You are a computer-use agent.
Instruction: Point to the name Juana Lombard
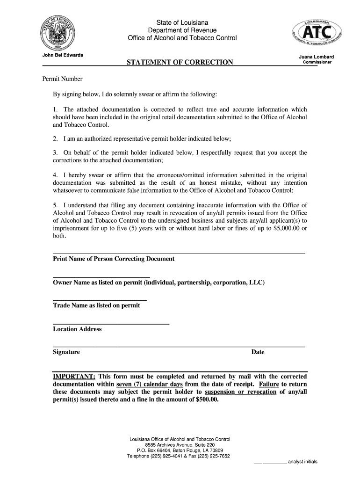(317, 57)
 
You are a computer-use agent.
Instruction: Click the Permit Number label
(63, 79)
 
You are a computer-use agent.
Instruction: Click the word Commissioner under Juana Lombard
(317, 63)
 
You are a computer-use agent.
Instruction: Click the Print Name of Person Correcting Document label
(114, 259)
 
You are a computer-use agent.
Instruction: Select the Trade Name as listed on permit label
(96, 305)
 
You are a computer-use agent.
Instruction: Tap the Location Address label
(77, 329)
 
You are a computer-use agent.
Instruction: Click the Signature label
(66, 352)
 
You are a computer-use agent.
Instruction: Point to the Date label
(258, 352)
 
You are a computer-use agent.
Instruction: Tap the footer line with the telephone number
(179, 457)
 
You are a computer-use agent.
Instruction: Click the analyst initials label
(302, 462)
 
